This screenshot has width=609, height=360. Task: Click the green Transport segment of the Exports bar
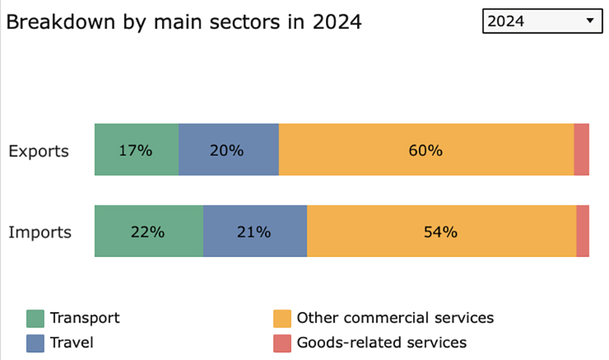(x=137, y=150)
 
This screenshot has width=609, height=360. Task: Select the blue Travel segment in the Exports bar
(x=229, y=150)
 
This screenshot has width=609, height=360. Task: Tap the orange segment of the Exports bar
(x=426, y=150)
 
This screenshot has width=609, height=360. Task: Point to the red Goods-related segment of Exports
(x=581, y=150)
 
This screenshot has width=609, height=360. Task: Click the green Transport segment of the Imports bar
(x=149, y=231)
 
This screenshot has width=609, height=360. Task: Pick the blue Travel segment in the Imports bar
(x=255, y=231)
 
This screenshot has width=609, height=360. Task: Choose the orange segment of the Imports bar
(x=442, y=231)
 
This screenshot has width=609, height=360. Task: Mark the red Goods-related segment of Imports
(x=583, y=231)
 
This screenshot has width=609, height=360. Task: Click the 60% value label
(x=426, y=150)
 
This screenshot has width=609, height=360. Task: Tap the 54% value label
(x=440, y=232)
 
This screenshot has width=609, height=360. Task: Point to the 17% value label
(x=135, y=150)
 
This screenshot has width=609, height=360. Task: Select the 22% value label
(x=147, y=232)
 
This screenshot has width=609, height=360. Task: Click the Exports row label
(x=39, y=151)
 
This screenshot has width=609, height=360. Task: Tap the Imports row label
(x=40, y=232)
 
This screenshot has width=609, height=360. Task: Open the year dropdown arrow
(x=590, y=21)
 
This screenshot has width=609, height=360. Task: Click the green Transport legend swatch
(x=35, y=318)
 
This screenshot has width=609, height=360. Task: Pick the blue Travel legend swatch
(x=35, y=343)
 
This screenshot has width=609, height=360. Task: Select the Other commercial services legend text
(x=395, y=318)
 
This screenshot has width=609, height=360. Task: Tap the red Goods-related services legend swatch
(x=282, y=343)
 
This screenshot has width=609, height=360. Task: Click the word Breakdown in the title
(x=61, y=21)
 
